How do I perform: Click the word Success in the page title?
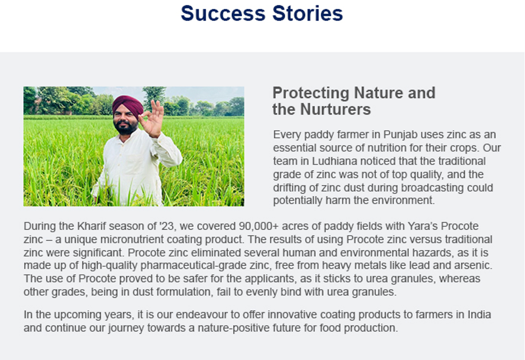click(x=223, y=14)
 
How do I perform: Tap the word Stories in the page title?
click(x=307, y=14)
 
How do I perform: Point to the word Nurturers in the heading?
click(x=335, y=109)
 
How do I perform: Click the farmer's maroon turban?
click(x=128, y=105)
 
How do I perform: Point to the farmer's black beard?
click(x=125, y=127)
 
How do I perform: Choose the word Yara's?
click(x=422, y=226)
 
